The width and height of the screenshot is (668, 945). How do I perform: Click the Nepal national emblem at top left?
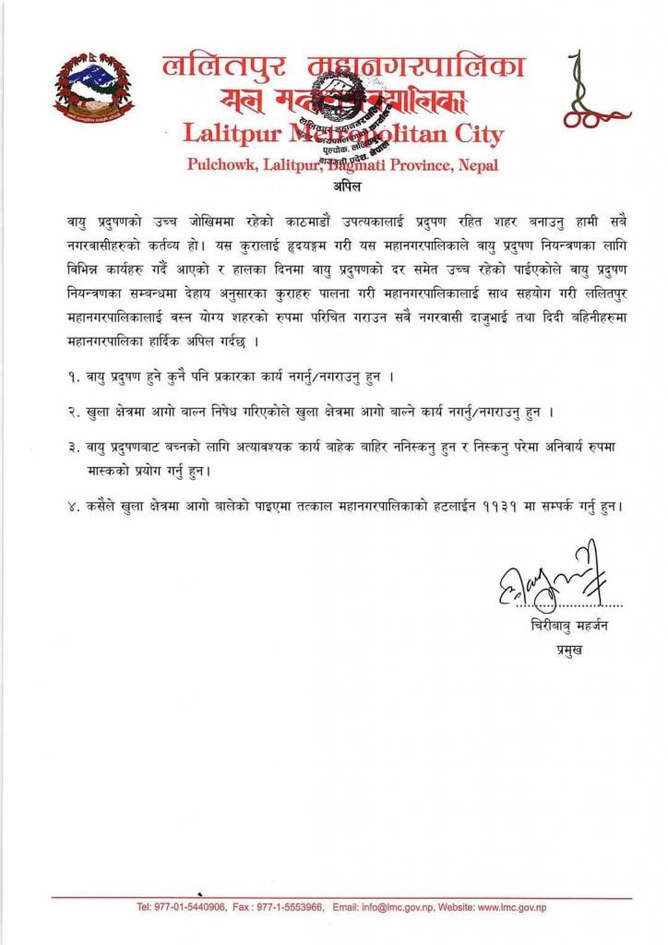93,90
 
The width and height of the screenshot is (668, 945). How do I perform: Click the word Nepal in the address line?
477,165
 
